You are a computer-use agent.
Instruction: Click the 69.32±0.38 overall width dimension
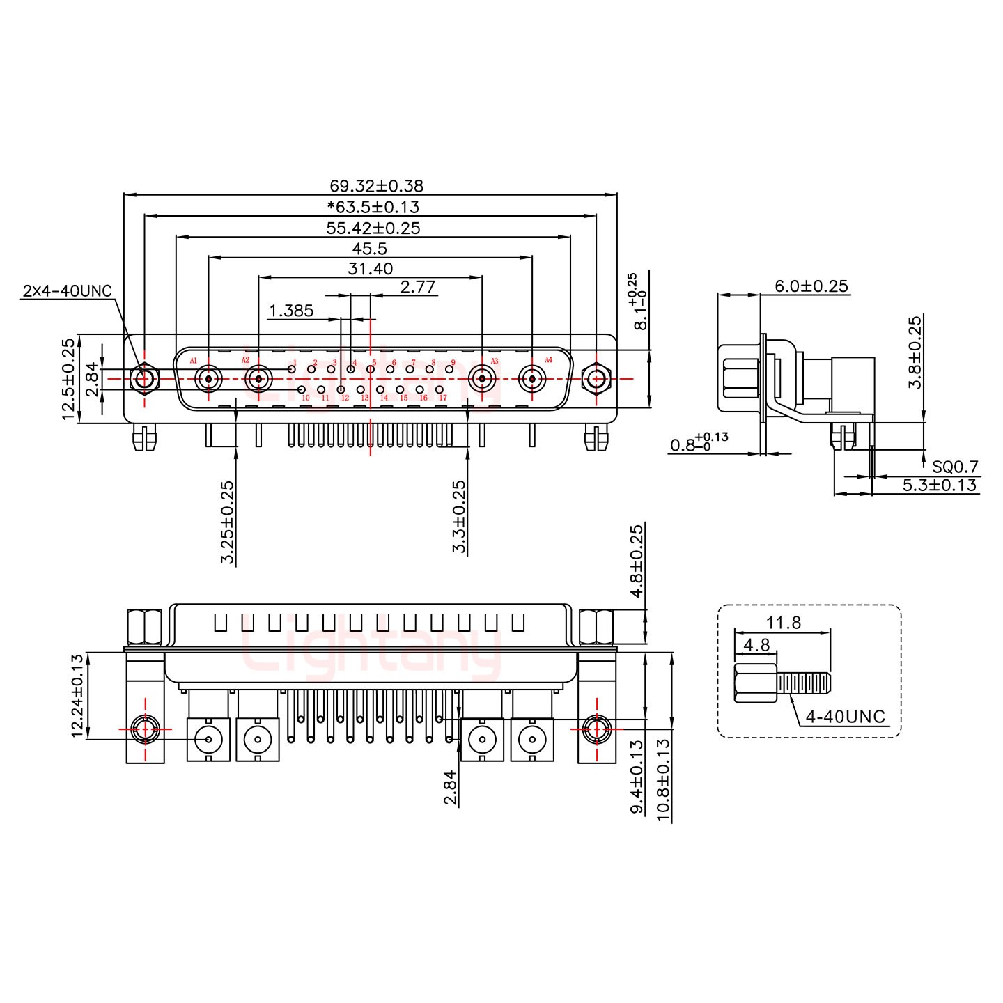tap(376, 186)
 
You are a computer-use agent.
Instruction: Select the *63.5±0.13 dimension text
tap(373, 207)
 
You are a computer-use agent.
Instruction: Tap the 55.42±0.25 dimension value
tap(373, 228)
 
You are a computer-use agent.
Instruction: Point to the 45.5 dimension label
tap(370, 249)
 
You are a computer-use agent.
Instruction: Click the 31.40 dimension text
tap(370, 269)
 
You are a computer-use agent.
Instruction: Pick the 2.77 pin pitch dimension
tap(418, 288)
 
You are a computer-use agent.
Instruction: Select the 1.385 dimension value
tap(291, 311)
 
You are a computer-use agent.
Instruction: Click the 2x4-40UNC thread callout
tap(67, 290)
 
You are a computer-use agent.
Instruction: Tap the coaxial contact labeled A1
tap(208, 380)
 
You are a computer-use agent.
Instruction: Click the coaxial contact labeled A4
tap(532, 380)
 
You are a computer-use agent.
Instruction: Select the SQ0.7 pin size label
tap(955, 466)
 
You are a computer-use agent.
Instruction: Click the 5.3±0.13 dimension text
tap(940, 485)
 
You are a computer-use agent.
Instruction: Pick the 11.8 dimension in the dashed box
tap(784, 623)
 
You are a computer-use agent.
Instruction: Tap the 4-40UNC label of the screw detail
tap(845, 716)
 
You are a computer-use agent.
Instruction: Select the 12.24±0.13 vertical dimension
tap(77, 695)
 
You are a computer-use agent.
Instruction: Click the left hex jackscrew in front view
tap(144, 380)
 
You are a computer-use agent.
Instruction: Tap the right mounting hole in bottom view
tap(596, 729)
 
